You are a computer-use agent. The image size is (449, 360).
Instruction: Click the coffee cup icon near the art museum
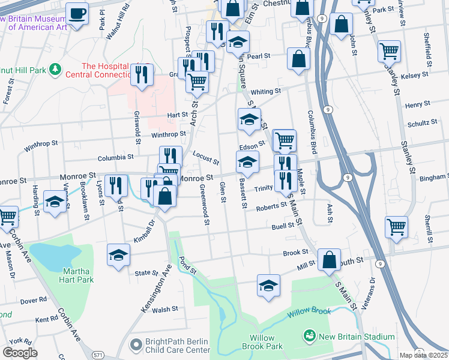(x=77, y=13)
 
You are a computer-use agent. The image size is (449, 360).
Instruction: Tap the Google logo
(x=20, y=352)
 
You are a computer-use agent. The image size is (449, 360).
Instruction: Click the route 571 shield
(x=97, y=355)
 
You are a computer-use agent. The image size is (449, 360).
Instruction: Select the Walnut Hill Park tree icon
(x=55, y=70)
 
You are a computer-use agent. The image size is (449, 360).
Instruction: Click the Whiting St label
(x=266, y=91)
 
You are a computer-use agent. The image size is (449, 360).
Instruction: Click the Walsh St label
(x=165, y=309)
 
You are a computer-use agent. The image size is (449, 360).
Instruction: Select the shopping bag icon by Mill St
(x=330, y=260)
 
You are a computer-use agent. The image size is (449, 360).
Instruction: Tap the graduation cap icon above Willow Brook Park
(x=268, y=285)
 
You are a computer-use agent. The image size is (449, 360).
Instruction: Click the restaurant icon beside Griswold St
(x=142, y=75)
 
